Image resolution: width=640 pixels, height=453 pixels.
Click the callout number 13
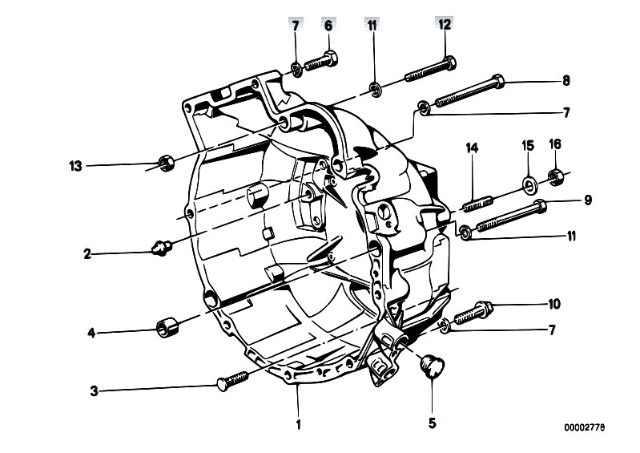click(75, 166)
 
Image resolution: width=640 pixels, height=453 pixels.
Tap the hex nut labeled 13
click(166, 163)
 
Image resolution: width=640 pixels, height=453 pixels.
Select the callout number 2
click(87, 254)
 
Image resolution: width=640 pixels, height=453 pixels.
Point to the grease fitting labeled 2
click(161, 248)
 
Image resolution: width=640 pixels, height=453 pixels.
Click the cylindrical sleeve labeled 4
click(167, 328)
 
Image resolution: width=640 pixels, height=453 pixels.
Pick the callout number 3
click(95, 391)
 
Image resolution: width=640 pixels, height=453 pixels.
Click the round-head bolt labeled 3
click(231, 380)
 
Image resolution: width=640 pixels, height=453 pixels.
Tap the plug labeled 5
click(433, 366)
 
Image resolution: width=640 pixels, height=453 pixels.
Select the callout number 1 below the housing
click(299, 424)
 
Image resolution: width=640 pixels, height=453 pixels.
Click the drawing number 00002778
click(585, 427)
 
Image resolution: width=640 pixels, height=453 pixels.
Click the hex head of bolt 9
click(540, 205)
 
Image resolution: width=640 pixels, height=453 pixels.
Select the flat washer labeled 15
click(529, 185)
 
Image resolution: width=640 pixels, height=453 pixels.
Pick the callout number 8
click(566, 80)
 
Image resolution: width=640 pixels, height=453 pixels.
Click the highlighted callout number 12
click(445, 25)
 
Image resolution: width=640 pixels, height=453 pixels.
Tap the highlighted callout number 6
click(328, 26)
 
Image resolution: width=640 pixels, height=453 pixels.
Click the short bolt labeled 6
click(321, 61)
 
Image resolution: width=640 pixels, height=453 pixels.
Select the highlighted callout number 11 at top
click(372, 26)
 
